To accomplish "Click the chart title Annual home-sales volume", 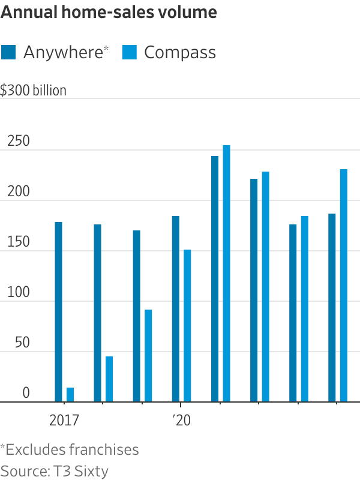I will (109, 13).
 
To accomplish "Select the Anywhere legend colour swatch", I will (9, 52).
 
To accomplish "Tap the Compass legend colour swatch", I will (130, 52).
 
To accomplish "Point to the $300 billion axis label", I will (34, 90).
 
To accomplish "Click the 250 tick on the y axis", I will (18, 142).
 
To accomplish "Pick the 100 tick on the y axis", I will (18, 293).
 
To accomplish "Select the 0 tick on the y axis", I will (26, 393).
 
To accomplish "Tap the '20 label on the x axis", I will (181, 421).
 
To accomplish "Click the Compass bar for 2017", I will (70, 395).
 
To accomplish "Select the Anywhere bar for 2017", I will (58, 312).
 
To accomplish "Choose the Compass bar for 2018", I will (109, 379).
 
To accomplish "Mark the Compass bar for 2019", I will (148, 356).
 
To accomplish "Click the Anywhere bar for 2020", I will (175, 309).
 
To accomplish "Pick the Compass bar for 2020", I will (187, 326).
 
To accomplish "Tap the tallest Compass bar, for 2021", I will (226, 274).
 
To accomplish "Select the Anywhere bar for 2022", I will (254, 290).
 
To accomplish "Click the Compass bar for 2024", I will (344, 286).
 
